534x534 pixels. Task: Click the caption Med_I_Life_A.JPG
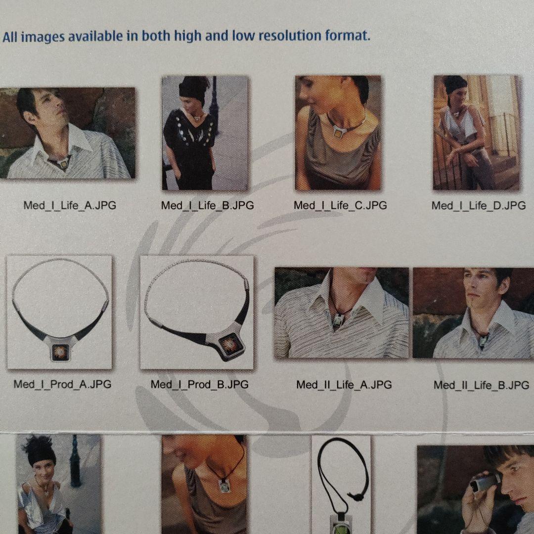click(70, 205)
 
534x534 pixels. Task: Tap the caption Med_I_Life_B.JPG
click(207, 205)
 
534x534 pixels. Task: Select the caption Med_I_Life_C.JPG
click(340, 205)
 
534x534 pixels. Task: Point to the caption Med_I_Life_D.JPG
click(478, 205)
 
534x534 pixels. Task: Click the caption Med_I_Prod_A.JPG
click(62, 384)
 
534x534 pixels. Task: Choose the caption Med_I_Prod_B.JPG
click(200, 384)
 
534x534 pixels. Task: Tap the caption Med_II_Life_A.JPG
click(344, 384)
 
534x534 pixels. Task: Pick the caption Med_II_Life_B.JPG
click(481, 385)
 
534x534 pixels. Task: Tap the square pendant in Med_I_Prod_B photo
click(228, 343)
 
